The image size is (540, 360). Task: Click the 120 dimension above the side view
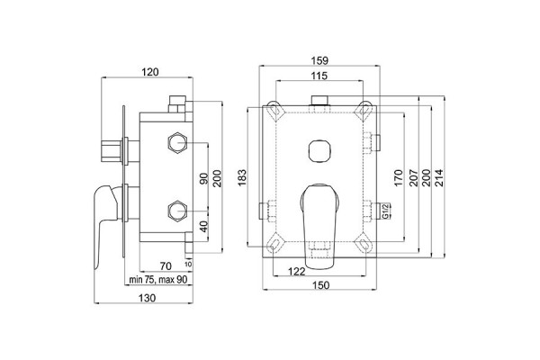tap(151, 73)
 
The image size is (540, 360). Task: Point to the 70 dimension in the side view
tap(166, 265)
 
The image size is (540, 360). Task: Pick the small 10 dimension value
tap(189, 265)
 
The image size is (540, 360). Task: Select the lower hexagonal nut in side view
tap(177, 213)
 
